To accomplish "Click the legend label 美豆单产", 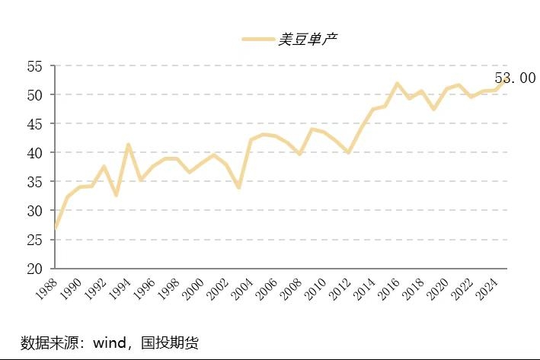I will coord(307,40).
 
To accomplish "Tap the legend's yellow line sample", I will coord(258,40).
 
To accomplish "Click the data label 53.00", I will coord(515,78).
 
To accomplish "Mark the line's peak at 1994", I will coord(129,145).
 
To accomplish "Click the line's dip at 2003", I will coord(238,187).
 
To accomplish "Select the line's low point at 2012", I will coord(349,153).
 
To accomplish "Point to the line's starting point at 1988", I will coord(56,228).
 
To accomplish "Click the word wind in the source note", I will coord(110,342).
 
